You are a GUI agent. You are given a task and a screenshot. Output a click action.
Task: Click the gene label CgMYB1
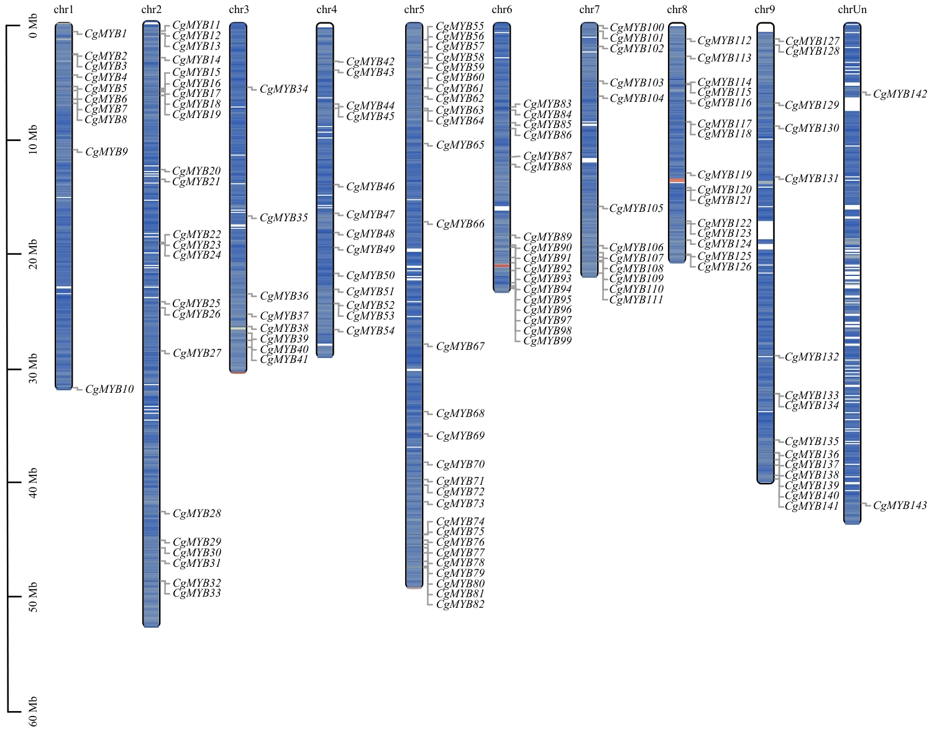pos(106,34)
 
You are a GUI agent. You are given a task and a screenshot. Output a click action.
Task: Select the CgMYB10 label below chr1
pos(109,390)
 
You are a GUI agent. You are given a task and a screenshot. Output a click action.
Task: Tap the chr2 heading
pos(152,9)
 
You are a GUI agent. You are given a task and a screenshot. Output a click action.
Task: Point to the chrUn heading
pos(852,9)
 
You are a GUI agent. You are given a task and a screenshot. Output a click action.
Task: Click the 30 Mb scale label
pos(33,369)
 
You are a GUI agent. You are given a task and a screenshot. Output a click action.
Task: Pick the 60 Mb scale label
pos(33,712)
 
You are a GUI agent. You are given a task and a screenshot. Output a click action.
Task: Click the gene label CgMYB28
pos(197,514)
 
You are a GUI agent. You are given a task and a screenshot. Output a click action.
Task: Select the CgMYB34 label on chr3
pos(284,89)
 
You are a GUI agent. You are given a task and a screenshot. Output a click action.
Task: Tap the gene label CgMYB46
pos(370,187)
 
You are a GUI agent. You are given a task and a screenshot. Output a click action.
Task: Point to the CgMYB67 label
pos(460,347)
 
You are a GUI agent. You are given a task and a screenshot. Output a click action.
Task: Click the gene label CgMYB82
pos(460,604)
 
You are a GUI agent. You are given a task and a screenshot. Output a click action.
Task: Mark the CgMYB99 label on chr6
pos(547,341)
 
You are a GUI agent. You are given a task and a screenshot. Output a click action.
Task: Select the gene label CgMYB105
pos(636,209)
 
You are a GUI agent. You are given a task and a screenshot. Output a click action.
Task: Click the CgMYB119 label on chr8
pos(724,175)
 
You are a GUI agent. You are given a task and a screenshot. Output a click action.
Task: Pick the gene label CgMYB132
pos(812,357)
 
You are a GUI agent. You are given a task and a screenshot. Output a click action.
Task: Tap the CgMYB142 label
pos(900,94)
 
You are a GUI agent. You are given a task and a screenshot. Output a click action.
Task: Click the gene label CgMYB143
pos(900,506)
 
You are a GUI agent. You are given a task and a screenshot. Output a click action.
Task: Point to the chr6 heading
pos(502,9)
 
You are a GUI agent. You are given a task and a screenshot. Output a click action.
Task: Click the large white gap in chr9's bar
pos(765,230)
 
